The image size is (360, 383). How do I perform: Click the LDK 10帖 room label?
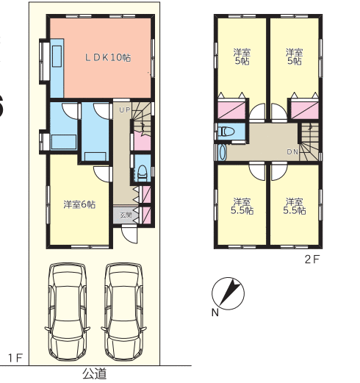tap(108, 57)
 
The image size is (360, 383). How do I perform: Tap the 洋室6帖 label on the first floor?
tap(79, 204)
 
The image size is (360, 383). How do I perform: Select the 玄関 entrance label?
tap(126, 215)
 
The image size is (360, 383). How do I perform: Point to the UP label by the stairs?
tap(125, 110)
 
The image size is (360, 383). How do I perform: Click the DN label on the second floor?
tap(292, 152)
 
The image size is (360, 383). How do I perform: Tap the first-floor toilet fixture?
tap(143, 173)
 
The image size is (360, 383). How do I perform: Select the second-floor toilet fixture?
tap(227, 132)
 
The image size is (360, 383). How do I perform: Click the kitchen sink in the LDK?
tap(57, 56)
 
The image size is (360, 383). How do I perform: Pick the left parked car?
tap(68, 312)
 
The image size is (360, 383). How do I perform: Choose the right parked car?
tap(123, 312)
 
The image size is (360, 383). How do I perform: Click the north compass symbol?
tap(228, 293)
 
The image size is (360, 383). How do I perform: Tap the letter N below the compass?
tap(215, 312)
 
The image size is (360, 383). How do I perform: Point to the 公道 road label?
tap(95, 374)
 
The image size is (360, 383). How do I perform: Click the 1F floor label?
tap(15, 358)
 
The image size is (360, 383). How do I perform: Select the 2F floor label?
tap(312, 259)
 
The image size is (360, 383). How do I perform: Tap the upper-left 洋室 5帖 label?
tap(242, 57)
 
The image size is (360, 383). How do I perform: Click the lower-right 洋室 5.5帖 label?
tap(295, 207)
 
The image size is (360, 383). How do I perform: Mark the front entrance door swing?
tap(129, 235)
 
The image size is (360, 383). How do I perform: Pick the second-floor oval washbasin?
tap(223, 152)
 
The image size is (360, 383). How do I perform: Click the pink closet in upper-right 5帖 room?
tap(305, 110)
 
